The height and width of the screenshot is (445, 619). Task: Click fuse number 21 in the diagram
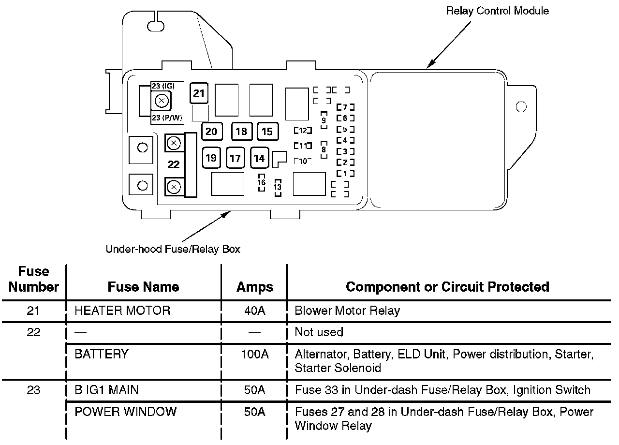199,93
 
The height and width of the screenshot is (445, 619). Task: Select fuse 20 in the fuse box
211,131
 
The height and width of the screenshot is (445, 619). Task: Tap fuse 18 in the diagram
241,131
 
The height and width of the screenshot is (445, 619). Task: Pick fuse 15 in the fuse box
267,131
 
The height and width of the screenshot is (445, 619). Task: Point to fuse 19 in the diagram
211,158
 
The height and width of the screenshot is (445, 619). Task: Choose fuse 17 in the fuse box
235,158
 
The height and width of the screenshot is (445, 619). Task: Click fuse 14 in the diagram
260,158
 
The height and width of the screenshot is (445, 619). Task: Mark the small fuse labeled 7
345,107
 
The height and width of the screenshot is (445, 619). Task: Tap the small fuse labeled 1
345,173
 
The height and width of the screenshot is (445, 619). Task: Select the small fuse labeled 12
303,131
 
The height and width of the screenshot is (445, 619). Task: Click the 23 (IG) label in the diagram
162,86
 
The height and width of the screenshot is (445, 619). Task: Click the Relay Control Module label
497,11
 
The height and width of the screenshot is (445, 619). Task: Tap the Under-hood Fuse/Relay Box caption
173,250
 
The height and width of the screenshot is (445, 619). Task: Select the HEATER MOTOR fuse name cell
122,311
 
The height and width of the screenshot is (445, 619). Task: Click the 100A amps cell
254,354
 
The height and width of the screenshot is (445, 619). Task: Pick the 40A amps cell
254,311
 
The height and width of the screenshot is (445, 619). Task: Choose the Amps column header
254,287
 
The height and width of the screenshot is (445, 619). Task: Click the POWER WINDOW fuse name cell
126,412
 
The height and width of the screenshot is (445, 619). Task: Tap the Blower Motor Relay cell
347,311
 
